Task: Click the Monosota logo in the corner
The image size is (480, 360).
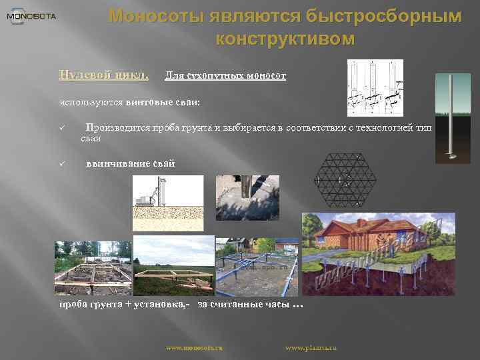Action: coord(31,16)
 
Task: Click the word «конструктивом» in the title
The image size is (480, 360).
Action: coord(285,39)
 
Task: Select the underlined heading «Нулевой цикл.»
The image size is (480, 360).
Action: coord(103,74)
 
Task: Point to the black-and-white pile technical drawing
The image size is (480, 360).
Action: coord(375,88)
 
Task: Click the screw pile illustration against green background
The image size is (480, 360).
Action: coord(453,118)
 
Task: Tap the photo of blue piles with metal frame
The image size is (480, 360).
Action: coord(257,266)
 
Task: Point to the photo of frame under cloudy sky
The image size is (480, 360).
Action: coord(173,265)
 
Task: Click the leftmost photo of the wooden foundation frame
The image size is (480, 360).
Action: coord(93,268)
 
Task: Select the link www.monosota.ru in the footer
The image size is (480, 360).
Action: coord(193,348)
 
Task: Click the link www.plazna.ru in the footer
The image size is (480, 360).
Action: coord(311,348)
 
